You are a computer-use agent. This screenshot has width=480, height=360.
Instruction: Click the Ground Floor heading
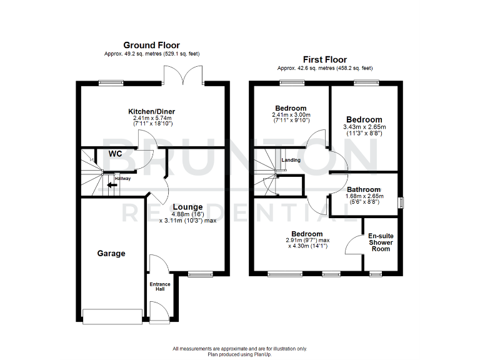coord(151,45)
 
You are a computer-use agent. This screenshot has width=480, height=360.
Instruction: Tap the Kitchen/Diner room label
coord(151,111)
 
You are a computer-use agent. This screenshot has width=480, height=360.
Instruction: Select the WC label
coord(115,154)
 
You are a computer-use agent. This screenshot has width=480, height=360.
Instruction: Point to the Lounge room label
coord(187,207)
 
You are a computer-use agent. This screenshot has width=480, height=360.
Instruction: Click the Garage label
coord(111,254)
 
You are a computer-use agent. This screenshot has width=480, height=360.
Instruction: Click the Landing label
coord(291,160)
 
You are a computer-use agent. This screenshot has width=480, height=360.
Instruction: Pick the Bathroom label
coord(364,189)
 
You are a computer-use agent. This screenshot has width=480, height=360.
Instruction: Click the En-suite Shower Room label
coord(381,242)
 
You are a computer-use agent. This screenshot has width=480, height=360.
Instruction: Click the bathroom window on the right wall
coord(401,202)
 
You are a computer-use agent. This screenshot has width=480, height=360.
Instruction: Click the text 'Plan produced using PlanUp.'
coord(239,354)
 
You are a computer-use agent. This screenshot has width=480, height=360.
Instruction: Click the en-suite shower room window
coord(376,274)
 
